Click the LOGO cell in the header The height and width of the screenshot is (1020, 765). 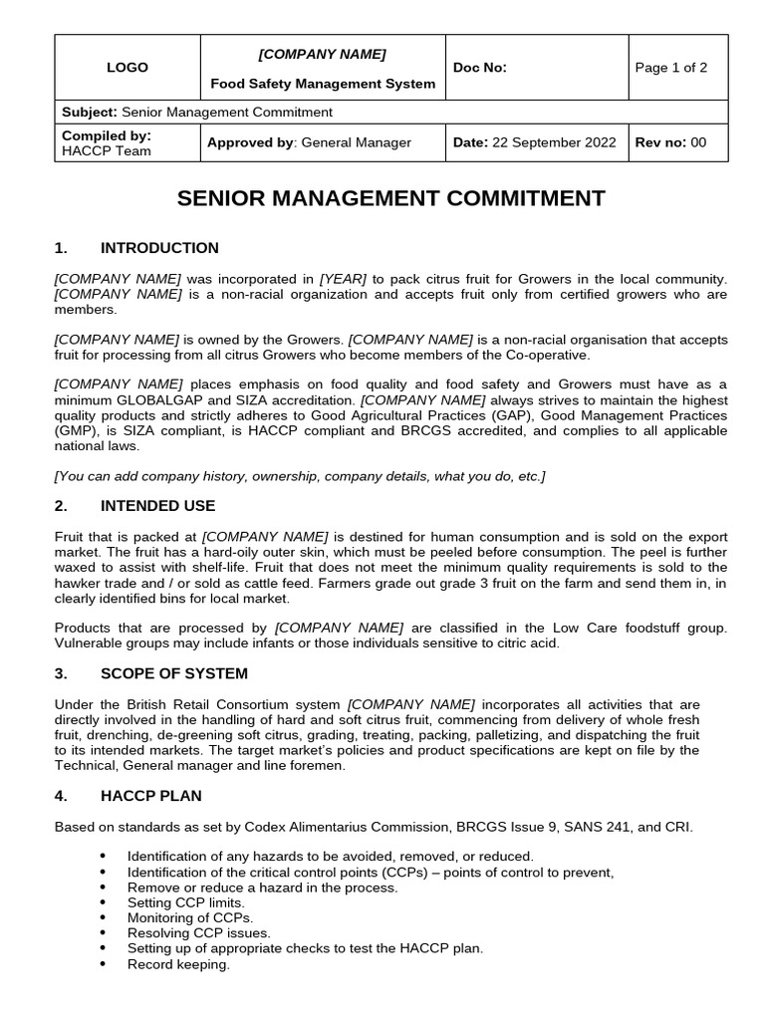127,68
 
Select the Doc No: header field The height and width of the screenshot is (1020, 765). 479,68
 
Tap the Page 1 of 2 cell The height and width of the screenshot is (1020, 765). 670,68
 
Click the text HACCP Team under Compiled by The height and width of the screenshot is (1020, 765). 107,151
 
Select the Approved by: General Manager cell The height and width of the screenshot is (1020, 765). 309,142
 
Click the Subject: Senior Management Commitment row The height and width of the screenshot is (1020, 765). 197,113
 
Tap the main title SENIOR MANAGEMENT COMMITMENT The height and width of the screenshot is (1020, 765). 390,198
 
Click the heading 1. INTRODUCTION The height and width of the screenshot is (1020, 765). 159,248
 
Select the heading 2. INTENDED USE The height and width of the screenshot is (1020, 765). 157,506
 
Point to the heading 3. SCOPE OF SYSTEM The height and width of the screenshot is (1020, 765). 173,673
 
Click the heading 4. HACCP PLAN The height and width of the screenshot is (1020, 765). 150,796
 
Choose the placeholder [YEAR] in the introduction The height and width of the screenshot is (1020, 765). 343,278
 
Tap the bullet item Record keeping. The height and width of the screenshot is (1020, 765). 178,964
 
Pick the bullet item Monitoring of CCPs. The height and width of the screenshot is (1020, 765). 190,917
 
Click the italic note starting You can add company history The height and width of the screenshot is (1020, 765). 300,476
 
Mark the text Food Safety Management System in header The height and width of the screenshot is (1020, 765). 323,84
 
